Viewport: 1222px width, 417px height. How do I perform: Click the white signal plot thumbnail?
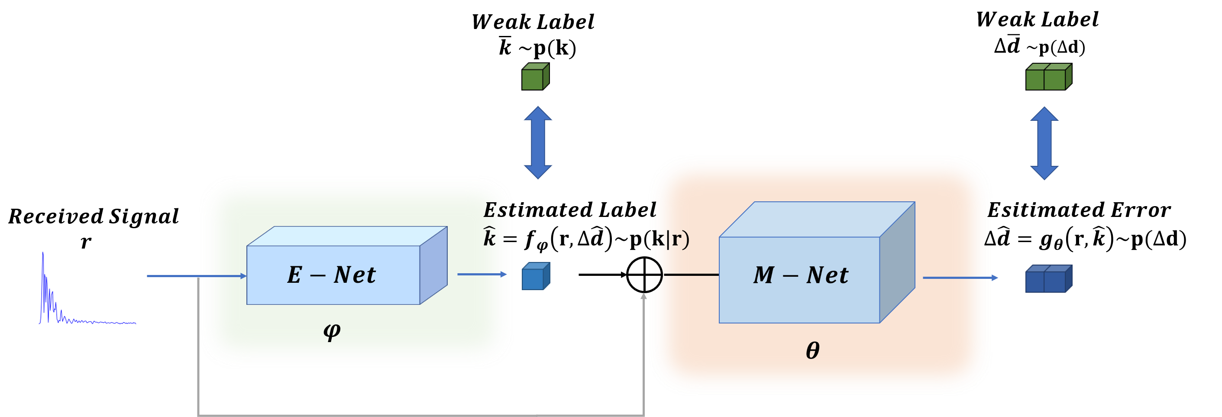tap(86, 288)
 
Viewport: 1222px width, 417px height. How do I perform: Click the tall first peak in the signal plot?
tap(43, 259)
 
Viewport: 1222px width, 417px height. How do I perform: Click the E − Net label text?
tap(331, 275)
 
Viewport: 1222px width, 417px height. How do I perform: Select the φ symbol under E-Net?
tap(332, 331)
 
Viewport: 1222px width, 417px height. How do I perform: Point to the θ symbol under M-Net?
tap(813, 351)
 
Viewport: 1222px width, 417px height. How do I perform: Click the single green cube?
tap(535, 77)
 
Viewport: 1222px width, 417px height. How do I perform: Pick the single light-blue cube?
tap(535, 277)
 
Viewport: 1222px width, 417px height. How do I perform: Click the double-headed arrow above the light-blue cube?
tap(537, 142)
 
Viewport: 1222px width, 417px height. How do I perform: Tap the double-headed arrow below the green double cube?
tap(1044, 143)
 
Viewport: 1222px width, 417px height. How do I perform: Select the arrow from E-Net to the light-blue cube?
tap(482, 274)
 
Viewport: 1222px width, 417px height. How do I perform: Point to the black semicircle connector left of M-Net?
tap(657, 275)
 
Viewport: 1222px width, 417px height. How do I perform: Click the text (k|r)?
tap(669, 239)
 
